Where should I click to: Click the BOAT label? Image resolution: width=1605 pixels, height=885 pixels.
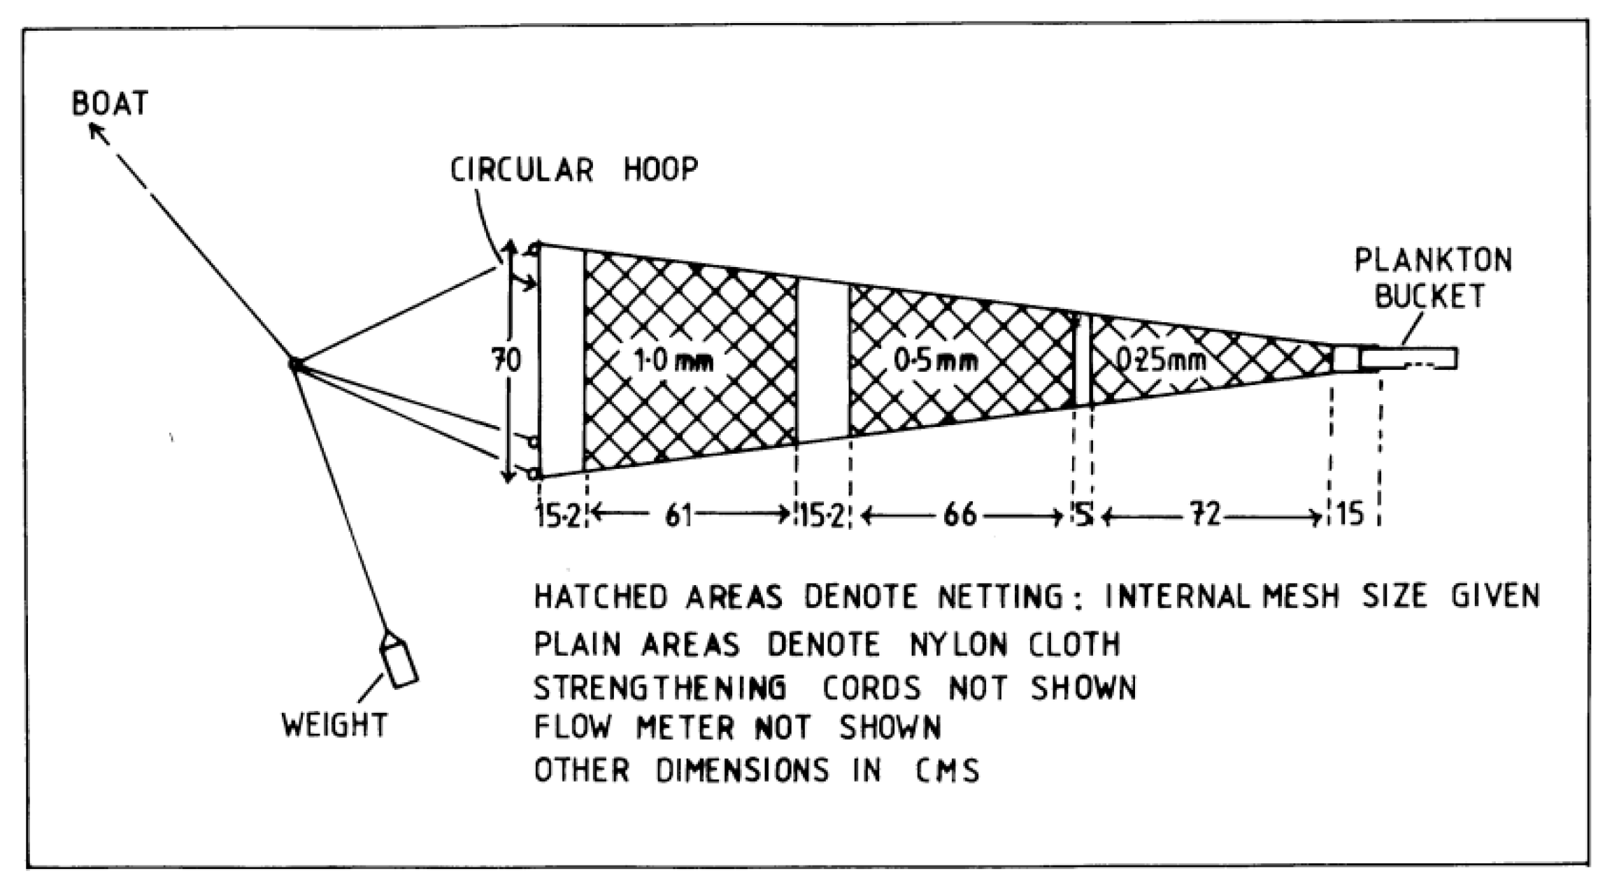point(110,103)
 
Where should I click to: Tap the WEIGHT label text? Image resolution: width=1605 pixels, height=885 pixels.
point(334,725)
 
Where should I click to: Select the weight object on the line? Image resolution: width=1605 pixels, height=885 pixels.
point(398,662)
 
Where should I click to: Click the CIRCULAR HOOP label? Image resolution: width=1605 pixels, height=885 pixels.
point(573,169)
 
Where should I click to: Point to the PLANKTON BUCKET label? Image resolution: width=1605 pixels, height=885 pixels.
point(1432,278)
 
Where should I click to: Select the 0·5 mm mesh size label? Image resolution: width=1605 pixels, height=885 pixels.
point(935,361)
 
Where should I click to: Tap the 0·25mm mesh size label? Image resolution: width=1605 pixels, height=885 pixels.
point(1160,359)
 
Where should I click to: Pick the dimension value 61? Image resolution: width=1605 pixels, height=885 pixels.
point(678,516)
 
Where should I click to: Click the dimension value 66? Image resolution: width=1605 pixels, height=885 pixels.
point(960,516)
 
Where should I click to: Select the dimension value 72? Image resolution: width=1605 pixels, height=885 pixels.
point(1205,516)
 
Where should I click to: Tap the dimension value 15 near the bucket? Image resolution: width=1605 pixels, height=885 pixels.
point(1350,515)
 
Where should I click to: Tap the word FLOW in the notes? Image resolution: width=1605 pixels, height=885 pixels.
point(573,728)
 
